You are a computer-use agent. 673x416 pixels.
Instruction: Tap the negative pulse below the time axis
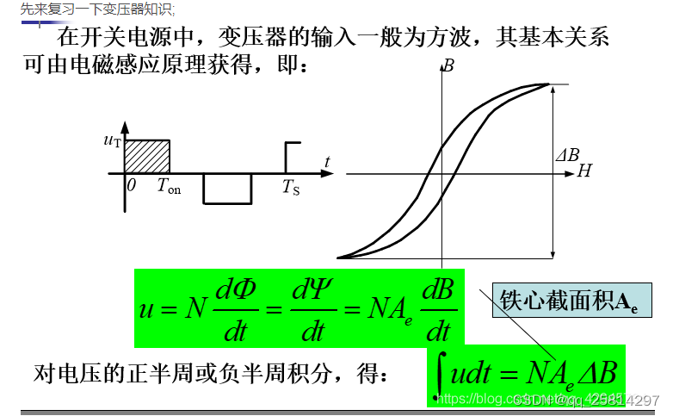[227, 188]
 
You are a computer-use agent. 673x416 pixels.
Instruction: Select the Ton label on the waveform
[169, 187]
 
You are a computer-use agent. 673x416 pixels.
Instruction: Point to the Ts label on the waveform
[291, 187]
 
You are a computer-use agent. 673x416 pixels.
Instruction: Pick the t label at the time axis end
[327, 161]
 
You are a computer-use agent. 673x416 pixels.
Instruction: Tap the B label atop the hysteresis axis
[448, 65]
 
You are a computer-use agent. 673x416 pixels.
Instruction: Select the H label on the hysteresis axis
[584, 172]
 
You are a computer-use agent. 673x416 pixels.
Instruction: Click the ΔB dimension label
[566, 156]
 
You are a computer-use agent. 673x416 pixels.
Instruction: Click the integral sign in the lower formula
[441, 376]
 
